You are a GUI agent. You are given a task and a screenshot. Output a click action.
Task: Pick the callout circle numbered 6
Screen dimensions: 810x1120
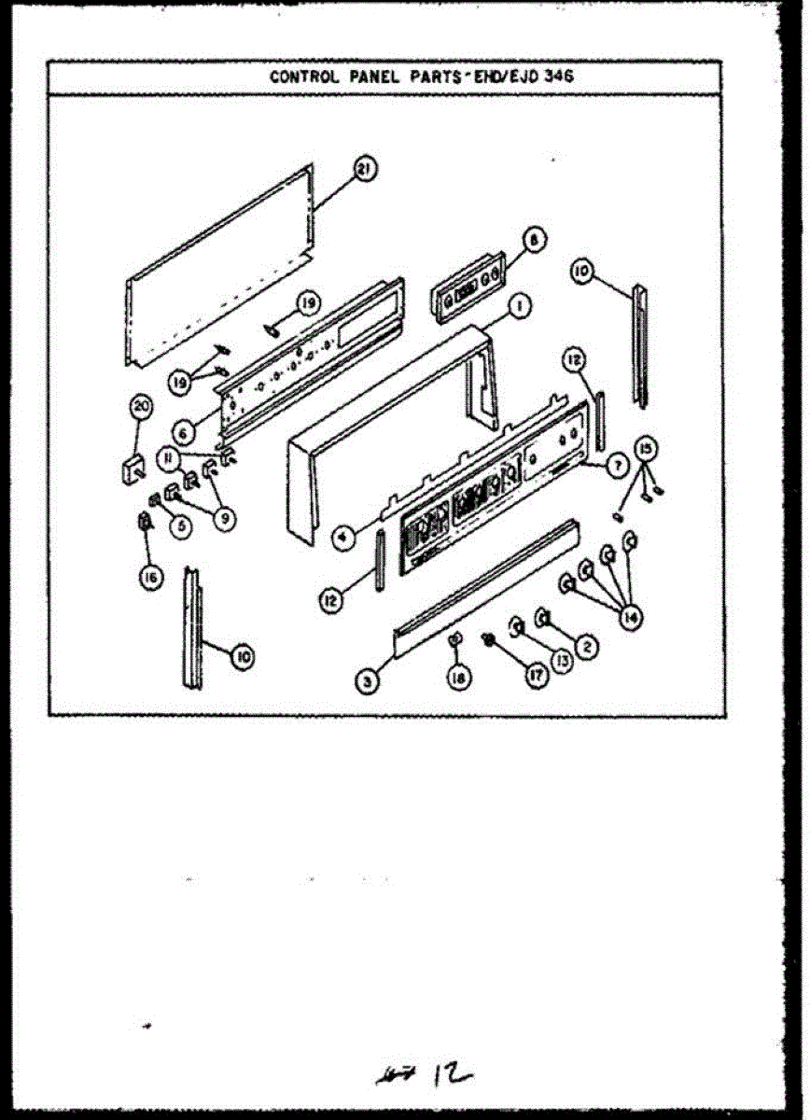pos(184,433)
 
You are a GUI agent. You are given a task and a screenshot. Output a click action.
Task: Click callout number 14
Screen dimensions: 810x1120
pos(632,616)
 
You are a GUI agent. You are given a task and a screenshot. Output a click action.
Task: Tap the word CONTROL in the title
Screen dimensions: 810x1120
pos(298,77)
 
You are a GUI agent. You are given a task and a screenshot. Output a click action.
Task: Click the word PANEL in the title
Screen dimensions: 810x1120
pos(373,77)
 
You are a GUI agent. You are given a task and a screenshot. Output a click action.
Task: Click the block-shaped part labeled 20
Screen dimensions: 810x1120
pos(130,467)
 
